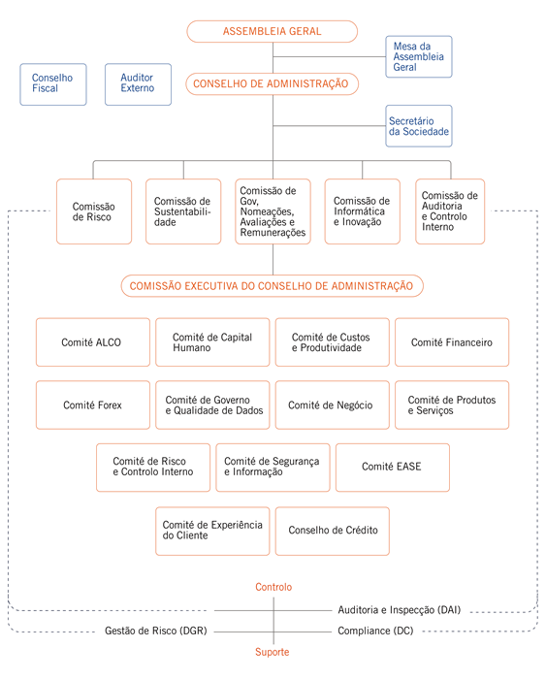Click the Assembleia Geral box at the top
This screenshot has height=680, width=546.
tap(272, 31)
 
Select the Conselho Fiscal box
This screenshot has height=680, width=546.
tap(53, 84)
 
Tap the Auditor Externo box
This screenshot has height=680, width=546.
tap(138, 84)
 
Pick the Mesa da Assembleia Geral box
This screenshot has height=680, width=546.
tap(419, 56)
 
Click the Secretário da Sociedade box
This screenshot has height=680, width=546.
tap(419, 126)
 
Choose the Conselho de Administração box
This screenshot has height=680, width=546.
tap(272, 83)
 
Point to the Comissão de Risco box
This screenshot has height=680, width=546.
tap(94, 211)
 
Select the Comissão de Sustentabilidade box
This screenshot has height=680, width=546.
tap(183, 211)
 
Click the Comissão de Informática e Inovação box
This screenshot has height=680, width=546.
tap(362, 211)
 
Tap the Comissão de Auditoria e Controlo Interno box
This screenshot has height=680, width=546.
tap(450, 211)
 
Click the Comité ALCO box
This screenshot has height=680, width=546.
tap(93, 342)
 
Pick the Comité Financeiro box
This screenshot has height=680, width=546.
tap(452, 342)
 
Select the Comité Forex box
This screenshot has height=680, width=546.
tap(93, 405)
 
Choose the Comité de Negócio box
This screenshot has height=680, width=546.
tap(333, 405)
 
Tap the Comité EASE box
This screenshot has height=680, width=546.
tap(393, 467)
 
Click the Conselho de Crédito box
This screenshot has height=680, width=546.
tap(333, 531)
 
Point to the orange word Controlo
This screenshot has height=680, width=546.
tap(273, 587)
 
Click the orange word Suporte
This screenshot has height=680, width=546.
tap(272, 652)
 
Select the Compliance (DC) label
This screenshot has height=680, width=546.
tap(375, 631)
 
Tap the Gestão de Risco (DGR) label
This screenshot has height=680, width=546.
tap(156, 631)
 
